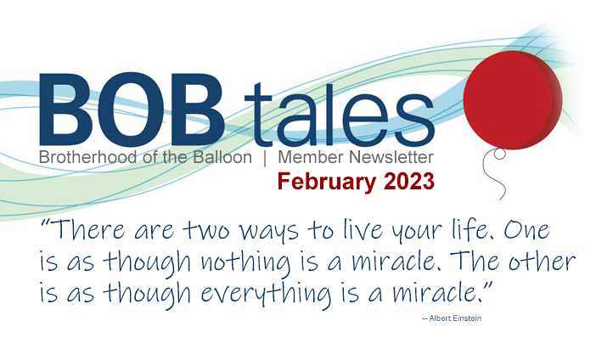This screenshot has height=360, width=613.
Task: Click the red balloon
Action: (513, 100)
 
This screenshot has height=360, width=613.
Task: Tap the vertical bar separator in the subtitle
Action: (265, 158)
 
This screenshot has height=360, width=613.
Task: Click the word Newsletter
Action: (391, 157)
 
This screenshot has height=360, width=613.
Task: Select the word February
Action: (327, 183)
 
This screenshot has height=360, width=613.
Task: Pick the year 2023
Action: (409, 182)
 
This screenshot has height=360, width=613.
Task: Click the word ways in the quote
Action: (269, 231)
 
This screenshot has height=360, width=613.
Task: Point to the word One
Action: (526, 230)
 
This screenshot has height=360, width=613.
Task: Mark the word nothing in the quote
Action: (246, 262)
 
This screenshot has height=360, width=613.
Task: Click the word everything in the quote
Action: (266, 294)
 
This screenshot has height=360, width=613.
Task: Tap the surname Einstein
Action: (467, 318)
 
